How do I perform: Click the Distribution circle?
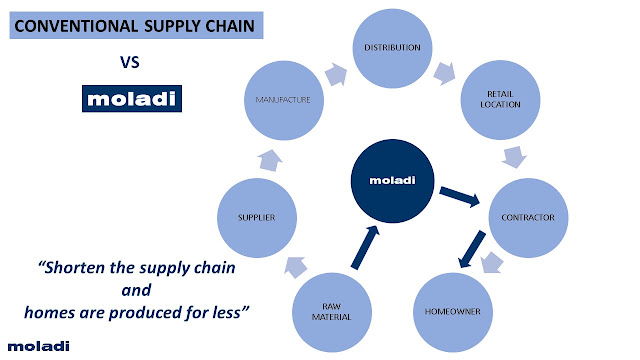(392, 48)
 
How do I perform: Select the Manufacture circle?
(284, 100)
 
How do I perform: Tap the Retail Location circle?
(500, 100)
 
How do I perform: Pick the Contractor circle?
(528, 218)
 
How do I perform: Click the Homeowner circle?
(453, 312)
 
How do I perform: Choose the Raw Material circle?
(332, 312)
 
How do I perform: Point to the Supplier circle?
(257, 218)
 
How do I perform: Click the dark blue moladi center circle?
(392, 181)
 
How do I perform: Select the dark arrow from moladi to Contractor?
(460, 197)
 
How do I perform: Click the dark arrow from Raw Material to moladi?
(365, 247)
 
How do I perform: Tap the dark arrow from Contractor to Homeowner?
(472, 249)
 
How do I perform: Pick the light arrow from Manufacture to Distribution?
(336, 74)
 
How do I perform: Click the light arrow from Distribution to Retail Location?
(444, 73)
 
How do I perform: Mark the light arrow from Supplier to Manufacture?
(270, 160)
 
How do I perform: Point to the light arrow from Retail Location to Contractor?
(514, 157)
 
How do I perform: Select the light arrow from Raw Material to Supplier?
(296, 267)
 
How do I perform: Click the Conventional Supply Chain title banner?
(136, 25)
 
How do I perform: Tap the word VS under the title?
(130, 62)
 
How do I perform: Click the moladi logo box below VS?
(132, 98)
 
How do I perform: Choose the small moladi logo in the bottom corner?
(39, 346)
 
